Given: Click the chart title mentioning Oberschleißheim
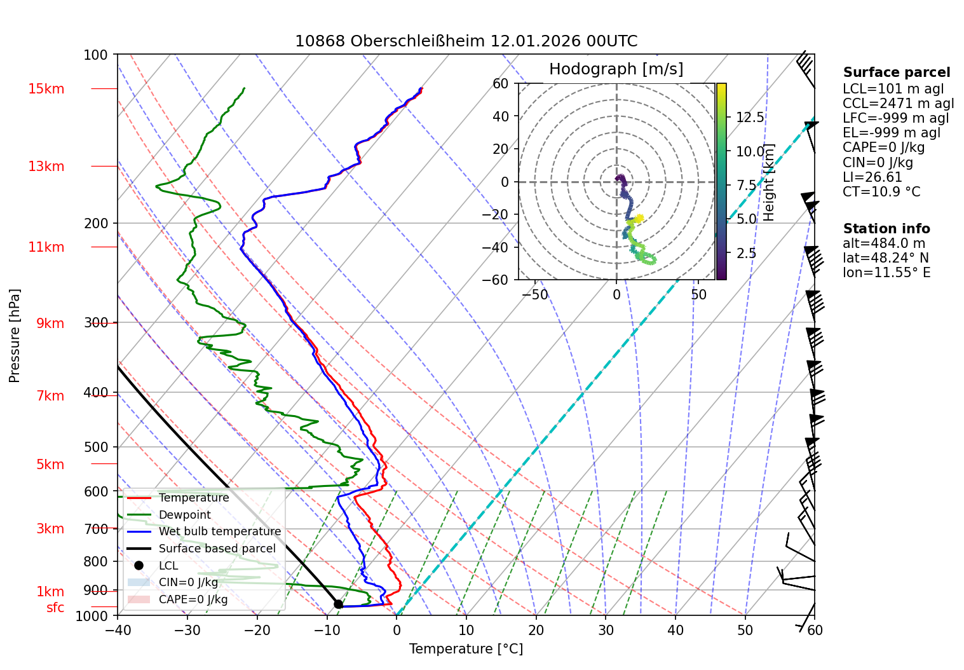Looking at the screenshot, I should click(466, 41).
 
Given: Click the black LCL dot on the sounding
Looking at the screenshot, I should click(338, 604).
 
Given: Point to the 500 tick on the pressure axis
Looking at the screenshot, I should click(96, 447).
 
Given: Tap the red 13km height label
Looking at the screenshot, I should click(46, 167).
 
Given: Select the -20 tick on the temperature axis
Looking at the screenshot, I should click(257, 630).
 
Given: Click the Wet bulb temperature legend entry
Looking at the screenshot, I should click(219, 531).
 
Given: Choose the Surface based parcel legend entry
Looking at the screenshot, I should click(217, 549).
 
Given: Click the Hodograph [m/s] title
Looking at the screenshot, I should click(616, 69).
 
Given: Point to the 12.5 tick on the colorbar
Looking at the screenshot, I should click(750, 118).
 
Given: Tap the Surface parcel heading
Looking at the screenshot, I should click(896, 72).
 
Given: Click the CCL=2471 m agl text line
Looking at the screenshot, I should click(898, 104).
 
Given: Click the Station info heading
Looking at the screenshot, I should click(886, 229).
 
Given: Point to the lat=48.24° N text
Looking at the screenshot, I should click(885, 258).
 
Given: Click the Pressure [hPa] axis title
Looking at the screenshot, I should click(15, 336).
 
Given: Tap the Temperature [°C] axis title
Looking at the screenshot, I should click(466, 649).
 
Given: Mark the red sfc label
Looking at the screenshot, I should click(55, 608).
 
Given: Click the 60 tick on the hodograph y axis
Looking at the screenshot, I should click(501, 84).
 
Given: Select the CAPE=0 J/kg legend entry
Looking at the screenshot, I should click(193, 599).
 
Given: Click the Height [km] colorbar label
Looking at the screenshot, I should click(769, 182).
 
